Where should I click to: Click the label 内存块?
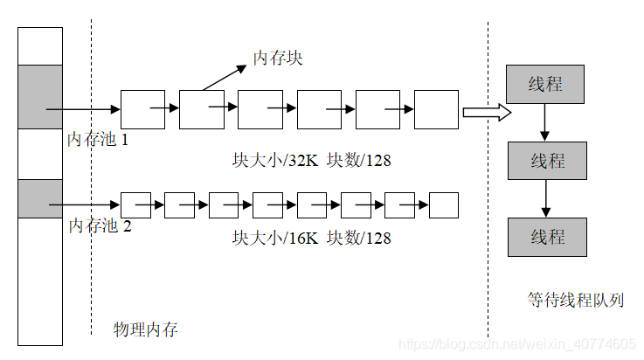coord(278,59)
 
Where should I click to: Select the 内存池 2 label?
coord(100,225)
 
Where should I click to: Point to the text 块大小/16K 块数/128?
coord(311,238)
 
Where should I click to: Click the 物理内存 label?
coord(146,329)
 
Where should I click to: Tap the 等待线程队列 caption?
coord(575,300)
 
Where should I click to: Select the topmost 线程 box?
coord(545,85)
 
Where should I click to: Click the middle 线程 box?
coord(548,161)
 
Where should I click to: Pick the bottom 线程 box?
coord(548,237)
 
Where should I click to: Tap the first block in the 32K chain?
coord(142,109)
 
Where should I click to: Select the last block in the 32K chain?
coord(436,109)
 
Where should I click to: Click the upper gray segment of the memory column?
coord(40,96)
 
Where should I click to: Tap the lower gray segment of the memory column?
coord(40,198)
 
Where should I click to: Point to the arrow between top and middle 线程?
coord(545,122)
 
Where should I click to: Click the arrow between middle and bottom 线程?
coord(547,198)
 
